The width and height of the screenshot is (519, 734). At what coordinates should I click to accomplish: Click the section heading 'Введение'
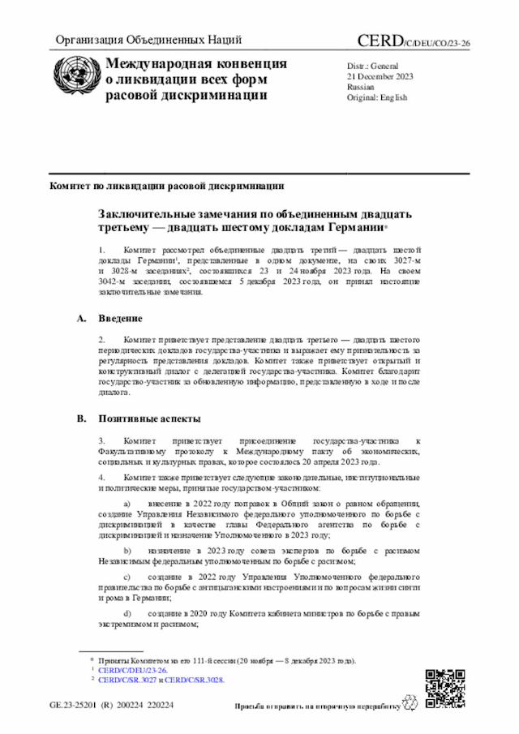tap(122, 318)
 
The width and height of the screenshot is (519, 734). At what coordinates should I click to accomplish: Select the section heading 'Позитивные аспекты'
tap(148, 419)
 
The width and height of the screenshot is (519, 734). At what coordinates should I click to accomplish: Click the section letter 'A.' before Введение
tap(82, 318)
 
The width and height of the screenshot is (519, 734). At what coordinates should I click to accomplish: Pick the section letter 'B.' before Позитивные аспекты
tap(82, 419)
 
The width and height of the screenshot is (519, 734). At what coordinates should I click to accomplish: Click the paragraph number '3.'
tap(102, 438)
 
